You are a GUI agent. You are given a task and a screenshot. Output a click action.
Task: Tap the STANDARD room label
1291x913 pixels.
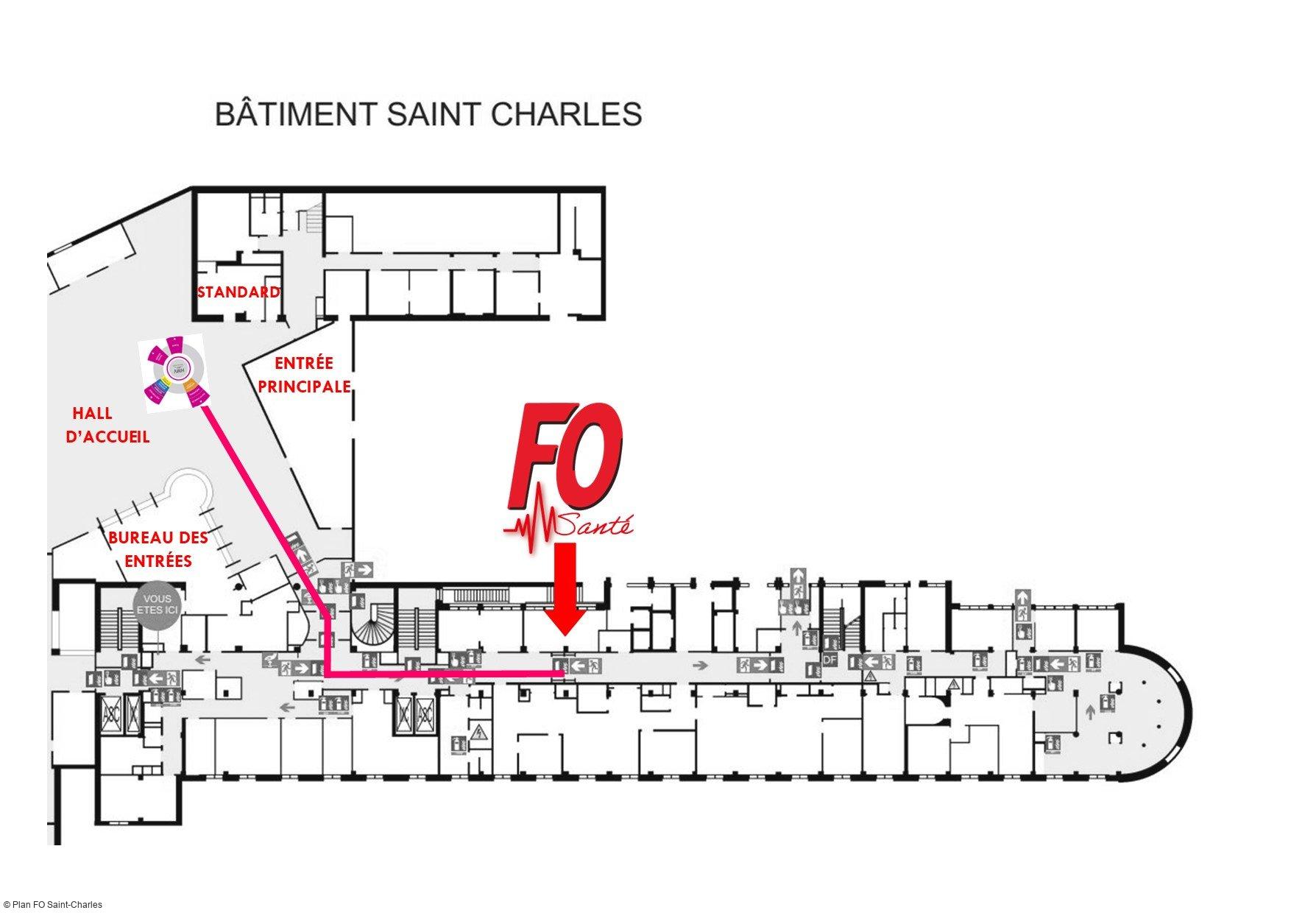238,292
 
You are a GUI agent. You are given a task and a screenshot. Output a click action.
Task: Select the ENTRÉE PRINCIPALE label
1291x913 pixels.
304,374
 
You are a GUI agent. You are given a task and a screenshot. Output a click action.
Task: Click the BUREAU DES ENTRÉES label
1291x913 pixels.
158,549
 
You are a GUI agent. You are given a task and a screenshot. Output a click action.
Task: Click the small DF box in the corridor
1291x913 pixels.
830,660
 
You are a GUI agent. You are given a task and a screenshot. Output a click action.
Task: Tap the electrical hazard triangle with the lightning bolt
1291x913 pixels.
479,733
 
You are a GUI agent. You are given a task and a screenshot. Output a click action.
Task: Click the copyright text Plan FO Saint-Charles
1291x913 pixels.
53,904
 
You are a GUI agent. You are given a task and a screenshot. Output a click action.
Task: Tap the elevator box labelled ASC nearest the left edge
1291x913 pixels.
111,712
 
